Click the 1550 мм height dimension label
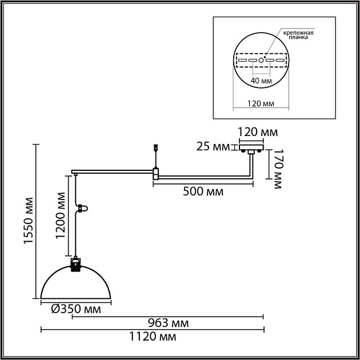point(29,220)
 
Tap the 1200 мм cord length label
point(61,215)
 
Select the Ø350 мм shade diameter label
point(76,309)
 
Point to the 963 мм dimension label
point(169,323)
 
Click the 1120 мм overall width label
point(153,337)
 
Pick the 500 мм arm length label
point(203,191)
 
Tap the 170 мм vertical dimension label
point(278,169)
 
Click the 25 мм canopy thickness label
point(213,146)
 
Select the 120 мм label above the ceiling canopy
point(258,132)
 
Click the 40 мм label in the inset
point(261,81)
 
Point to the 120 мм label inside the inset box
point(261,103)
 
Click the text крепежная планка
point(298,35)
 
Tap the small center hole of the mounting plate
point(261,60)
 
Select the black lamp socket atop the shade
point(75,265)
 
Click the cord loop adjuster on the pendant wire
point(82,209)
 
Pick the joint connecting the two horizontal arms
point(155,174)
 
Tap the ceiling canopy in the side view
point(251,147)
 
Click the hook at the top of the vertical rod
point(156,147)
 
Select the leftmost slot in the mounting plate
point(242,61)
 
